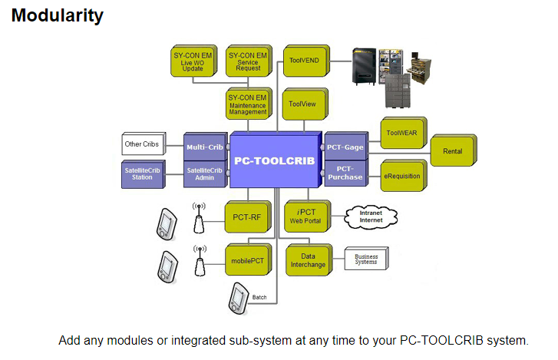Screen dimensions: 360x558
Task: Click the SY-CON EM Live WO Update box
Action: pyautogui.click(x=192, y=61)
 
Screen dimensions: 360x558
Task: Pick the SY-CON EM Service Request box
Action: pyautogui.click(x=246, y=61)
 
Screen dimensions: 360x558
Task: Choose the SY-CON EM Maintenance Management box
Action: pyautogui.click(x=246, y=104)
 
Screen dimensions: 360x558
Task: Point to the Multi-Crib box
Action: pyautogui.click(x=204, y=145)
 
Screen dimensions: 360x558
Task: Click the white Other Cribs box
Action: pyautogui.click(x=144, y=144)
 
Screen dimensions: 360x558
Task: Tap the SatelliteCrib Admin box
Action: pyautogui.click(x=204, y=173)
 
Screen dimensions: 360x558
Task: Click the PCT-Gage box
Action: pyautogui.click(x=345, y=145)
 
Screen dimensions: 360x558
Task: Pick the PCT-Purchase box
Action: pyautogui.click(x=345, y=173)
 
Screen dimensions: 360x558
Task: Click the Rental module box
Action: pyautogui.click(x=453, y=151)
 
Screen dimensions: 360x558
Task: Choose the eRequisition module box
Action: pyautogui.click(x=401, y=176)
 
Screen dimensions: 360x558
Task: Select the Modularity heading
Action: pyautogui.click(x=58, y=15)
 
